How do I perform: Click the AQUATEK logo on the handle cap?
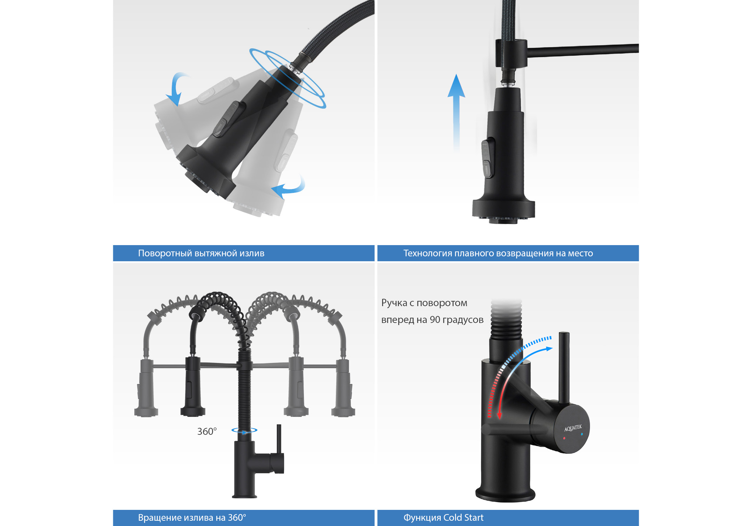(573, 428)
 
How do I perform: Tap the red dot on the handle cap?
(564, 438)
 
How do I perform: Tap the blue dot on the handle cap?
(582, 434)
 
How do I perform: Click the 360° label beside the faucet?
(207, 431)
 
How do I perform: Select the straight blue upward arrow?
(456, 112)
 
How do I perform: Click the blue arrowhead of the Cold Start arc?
(549, 349)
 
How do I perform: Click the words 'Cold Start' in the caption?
(463, 518)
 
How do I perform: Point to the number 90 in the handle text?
(435, 320)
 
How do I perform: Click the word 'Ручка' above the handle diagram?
(394, 303)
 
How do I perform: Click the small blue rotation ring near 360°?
(244, 430)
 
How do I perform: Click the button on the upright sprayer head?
(488, 158)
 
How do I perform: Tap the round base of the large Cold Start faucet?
(505, 494)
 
